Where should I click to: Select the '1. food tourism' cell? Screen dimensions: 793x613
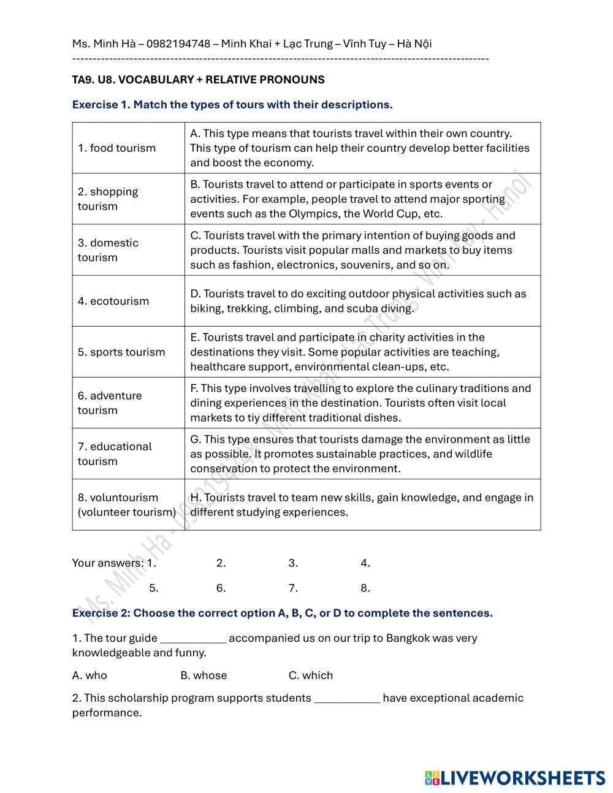pyautogui.click(x=116, y=148)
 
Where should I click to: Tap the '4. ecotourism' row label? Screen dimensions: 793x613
pyautogui.click(x=113, y=301)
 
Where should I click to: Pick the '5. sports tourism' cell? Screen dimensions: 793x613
pyautogui.click(x=121, y=352)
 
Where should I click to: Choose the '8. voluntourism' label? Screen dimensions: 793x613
pyautogui.click(x=118, y=498)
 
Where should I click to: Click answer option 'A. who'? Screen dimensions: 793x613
pyautogui.click(x=89, y=675)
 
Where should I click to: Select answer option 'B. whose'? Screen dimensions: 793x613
pyautogui.click(x=204, y=675)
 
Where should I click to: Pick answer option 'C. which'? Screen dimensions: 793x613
pyautogui.click(x=311, y=675)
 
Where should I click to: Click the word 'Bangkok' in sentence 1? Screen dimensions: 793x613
pyautogui.click(x=408, y=638)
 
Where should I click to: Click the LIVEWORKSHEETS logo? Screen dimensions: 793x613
pyautogui.click(x=515, y=778)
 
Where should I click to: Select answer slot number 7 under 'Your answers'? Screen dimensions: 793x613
pyautogui.click(x=294, y=588)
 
